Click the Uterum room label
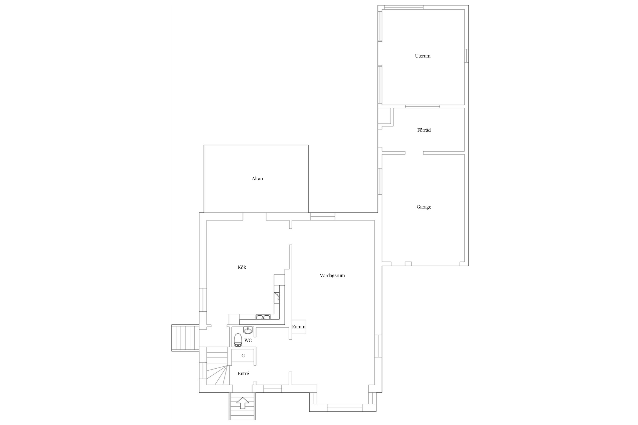(x=422, y=56)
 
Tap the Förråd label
(x=424, y=130)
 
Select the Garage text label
(x=424, y=207)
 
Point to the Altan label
(x=257, y=178)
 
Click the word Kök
(x=242, y=267)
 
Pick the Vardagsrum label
(x=332, y=275)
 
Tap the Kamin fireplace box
(x=299, y=327)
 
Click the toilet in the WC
(x=238, y=340)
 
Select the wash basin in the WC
(x=248, y=330)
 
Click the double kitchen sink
(x=263, y=317)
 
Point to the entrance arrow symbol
(x=242, y=403)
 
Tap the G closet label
(x=243, y=356)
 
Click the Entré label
(x=243, y=374)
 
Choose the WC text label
(x=248, y=341)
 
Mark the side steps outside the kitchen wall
(x=185, y=338)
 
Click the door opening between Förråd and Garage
(x=414, y=153)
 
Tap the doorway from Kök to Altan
(x=254, y=216)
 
